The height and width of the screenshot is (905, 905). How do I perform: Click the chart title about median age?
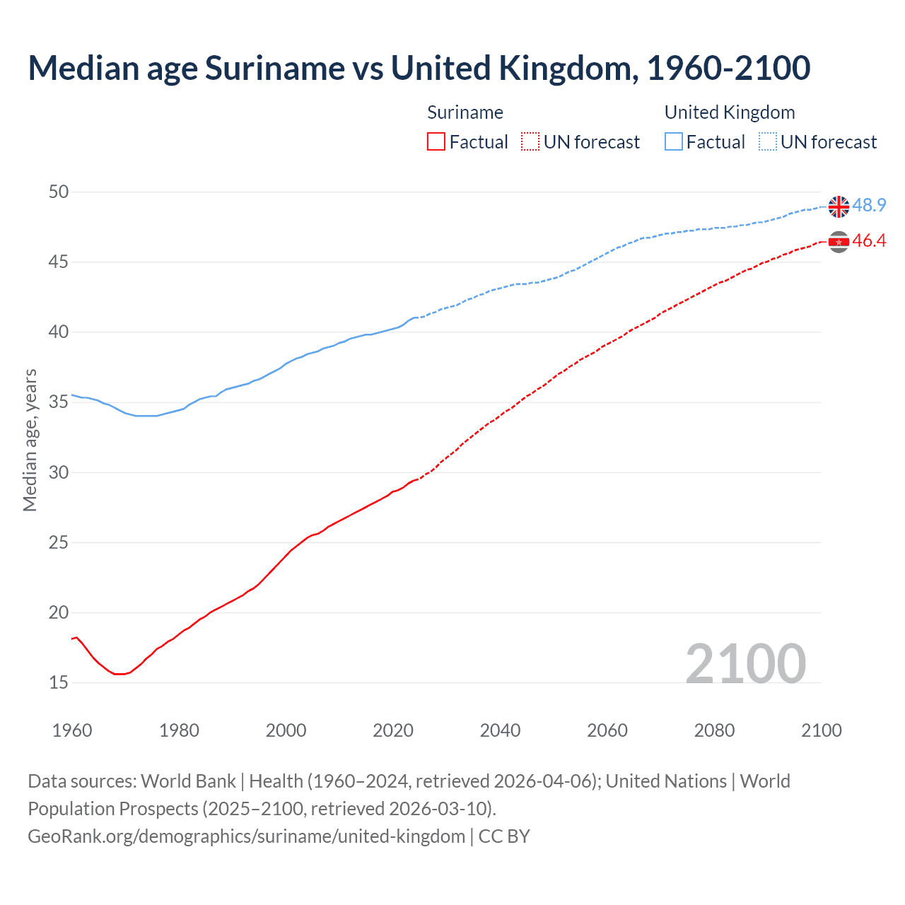(419, 68)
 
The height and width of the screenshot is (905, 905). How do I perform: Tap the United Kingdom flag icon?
(839, 206)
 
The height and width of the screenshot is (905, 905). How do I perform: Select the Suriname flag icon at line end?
(839, 242)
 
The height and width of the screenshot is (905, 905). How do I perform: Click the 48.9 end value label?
(869, 205)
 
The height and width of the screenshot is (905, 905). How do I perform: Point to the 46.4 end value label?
(869, 241)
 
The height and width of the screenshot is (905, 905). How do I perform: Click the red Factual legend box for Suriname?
(436, 142)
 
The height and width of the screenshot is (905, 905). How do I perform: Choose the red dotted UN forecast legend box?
(530, 142)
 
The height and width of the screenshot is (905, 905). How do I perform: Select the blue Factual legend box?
(674, 142)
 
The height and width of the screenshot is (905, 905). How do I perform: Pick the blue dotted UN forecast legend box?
(767, 142)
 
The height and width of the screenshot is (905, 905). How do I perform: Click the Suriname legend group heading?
(465, 112)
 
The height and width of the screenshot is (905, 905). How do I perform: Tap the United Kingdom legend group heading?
(730, 112)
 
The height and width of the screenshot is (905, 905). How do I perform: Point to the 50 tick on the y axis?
(59, 192)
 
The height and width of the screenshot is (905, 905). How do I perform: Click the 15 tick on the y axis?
(59, 682)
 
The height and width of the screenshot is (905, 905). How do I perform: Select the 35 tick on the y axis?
(59, 402)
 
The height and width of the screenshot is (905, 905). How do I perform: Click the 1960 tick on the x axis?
(72, 730)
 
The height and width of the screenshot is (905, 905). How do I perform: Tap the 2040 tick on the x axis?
(500, 730)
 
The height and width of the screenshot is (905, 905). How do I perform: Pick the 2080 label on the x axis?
(714, 730)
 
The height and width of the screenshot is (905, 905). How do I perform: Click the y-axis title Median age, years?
(30, 440)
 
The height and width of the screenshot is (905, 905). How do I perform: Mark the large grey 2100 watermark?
(745, 663)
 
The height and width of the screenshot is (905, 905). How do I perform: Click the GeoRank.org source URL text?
(246, 836)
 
